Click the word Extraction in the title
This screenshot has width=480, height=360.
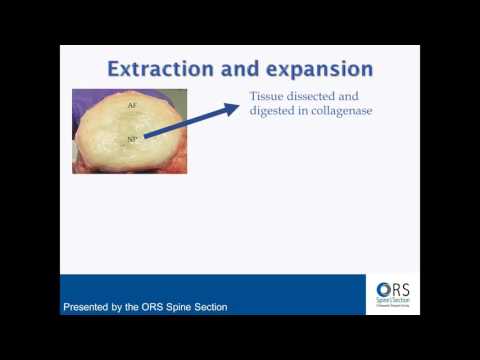tap(157, 70)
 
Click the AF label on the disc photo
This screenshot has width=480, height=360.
tap(131, 104)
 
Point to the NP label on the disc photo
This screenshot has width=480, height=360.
tap(131, 141)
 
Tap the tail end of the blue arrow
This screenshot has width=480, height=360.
tap(147, 137)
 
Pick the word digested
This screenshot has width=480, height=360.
tap(276, 110)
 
